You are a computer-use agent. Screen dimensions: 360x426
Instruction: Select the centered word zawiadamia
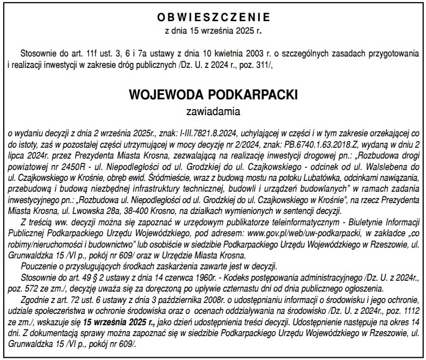pyautogui.click(x=213, y=112)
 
